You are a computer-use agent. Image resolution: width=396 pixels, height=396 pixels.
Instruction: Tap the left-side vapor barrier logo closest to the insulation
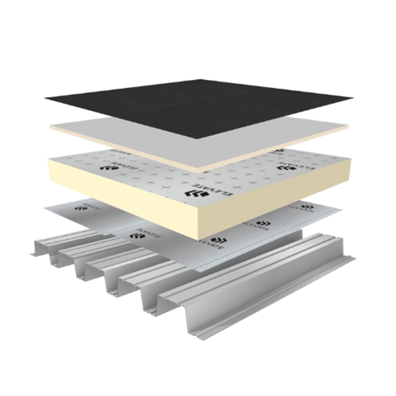(x=136, y=233)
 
